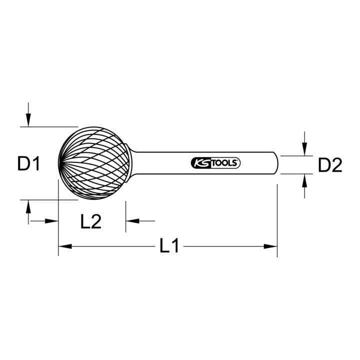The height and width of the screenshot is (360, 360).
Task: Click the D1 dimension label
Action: (29, 163)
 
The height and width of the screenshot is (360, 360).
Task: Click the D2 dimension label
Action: (330, 165)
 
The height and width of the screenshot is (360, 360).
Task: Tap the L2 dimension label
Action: (91, 221)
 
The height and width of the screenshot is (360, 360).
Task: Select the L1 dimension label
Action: (169, 245)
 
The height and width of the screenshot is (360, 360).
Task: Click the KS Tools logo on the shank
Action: (215, 163)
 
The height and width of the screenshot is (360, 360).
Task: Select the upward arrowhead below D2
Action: (304, 180)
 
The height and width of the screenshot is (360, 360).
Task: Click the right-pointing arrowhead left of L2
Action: (51, 221)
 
